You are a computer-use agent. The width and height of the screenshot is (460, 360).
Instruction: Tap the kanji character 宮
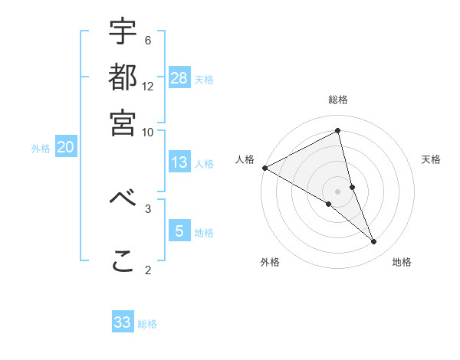coord(123,122)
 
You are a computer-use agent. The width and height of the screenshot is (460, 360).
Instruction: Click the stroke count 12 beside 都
coord(148,86)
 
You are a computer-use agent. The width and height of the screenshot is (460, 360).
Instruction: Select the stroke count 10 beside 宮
coord(148,131)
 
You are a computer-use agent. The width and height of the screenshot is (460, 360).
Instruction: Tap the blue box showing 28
coord(179,77)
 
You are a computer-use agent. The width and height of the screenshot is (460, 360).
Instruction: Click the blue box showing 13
coord(179,162)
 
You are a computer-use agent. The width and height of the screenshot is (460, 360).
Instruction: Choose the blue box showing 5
coord(179,231)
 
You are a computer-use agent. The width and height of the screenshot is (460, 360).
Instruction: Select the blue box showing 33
coord(123,322)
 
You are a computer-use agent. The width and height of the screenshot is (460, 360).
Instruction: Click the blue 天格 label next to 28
coord(205,80)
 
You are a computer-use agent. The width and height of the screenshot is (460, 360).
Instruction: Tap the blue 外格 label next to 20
coord(41,149)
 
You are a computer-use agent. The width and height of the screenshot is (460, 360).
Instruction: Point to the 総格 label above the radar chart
coord(338,100)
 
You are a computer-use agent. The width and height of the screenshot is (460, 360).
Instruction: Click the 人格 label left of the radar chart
coord(245,159)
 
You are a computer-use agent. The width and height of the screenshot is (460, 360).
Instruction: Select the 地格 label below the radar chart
coord(402,263)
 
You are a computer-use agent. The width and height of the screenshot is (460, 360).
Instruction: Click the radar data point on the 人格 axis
coord(264,168)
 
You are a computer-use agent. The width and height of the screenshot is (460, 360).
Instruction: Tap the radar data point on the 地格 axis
coord(374,242)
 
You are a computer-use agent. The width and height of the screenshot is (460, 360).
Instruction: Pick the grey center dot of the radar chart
coord(338,191)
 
